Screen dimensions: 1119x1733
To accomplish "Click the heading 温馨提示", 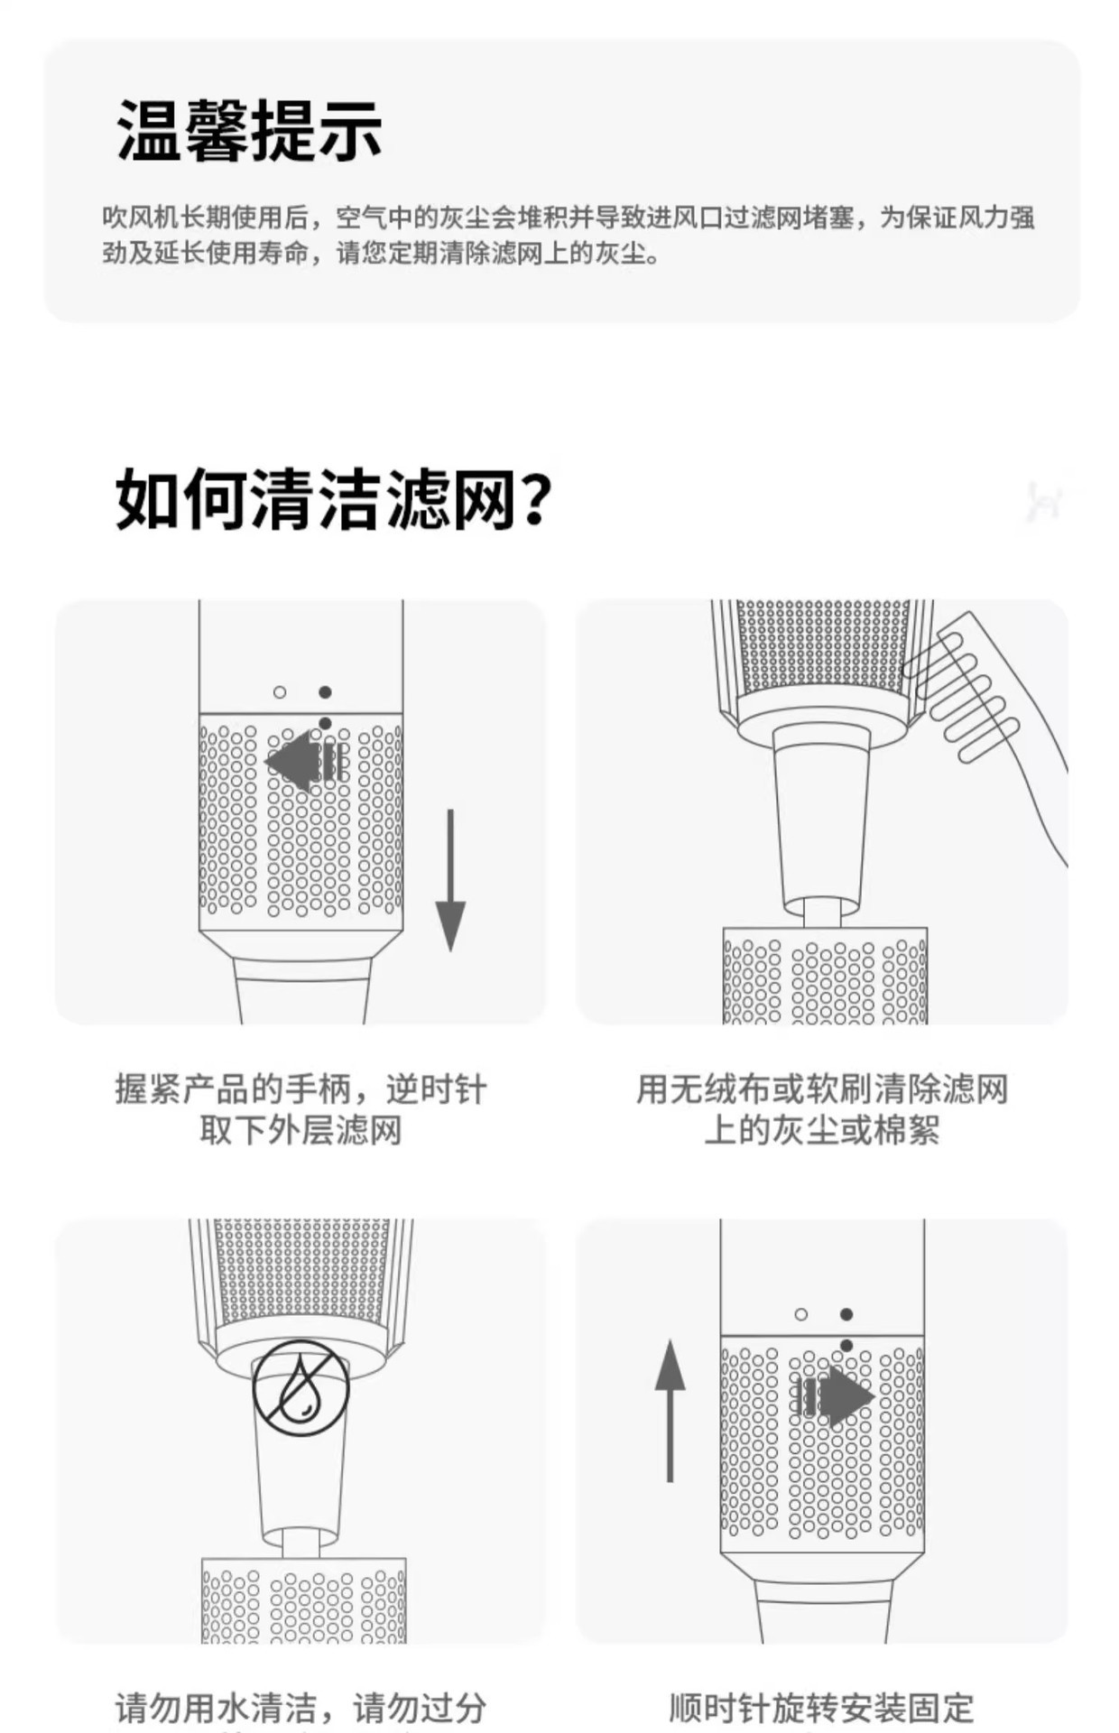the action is click(249, 132).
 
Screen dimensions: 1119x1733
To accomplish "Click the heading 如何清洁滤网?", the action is click(333, 498).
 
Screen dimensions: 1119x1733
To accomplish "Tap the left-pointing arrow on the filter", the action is click(306, 761).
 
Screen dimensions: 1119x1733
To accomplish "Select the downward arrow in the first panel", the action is click(450, 880).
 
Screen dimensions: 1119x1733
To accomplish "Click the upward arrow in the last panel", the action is click(670, 1411).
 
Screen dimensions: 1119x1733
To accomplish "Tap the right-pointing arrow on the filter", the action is click(833, 1396).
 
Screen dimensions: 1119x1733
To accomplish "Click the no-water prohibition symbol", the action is click(301, 1387).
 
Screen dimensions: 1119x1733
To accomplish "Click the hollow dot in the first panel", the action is click(280, 692).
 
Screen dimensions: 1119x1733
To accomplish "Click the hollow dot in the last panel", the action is click(801, 1314).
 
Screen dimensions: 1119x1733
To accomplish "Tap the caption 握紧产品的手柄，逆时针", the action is click(301, 1089).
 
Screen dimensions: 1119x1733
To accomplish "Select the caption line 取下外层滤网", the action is click(301, 1130).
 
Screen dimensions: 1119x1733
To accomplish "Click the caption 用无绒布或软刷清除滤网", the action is click(821, 1089).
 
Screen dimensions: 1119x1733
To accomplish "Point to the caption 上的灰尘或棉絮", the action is click(821, 1130).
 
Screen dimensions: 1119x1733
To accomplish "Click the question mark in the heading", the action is click(534, 500).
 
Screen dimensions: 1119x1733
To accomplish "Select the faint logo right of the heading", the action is click(1045, 501).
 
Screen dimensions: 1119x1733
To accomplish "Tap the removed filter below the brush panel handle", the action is click(825, 976).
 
